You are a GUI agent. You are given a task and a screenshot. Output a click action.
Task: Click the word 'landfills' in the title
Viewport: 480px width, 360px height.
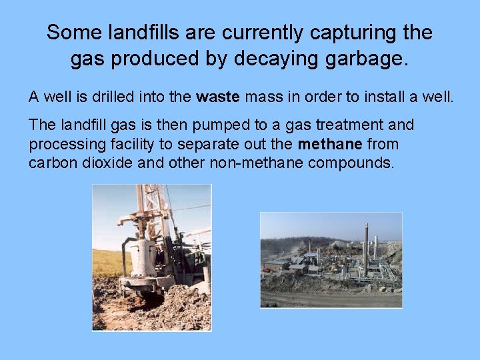pyautogui.click(x=140, y=32)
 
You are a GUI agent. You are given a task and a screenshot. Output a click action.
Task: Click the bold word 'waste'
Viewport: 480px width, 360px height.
pyautogui.click(x=218, y=97)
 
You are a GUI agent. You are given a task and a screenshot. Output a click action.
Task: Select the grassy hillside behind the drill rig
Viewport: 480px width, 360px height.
pyautogui.click(x=107, y=262)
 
